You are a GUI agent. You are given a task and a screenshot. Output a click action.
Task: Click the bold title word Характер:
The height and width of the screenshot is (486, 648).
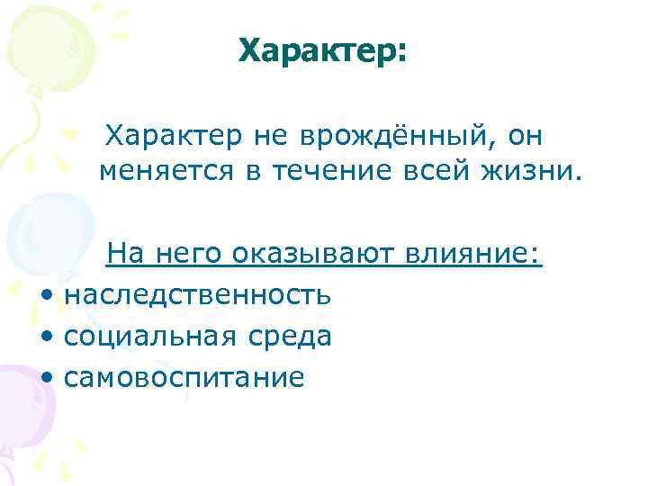tap(323, 52)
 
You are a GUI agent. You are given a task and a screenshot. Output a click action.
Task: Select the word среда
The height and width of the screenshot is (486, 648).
tap(285, 336)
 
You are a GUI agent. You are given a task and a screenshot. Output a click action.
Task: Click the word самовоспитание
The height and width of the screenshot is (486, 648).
tap(184, 377)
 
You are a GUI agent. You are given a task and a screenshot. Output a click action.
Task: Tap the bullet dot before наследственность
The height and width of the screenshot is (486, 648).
tap(46, 295)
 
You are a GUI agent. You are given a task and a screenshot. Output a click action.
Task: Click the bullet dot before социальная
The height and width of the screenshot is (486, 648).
tap(46, 337)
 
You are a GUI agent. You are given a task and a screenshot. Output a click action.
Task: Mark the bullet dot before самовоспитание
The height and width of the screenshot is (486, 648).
tap(46, 378)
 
